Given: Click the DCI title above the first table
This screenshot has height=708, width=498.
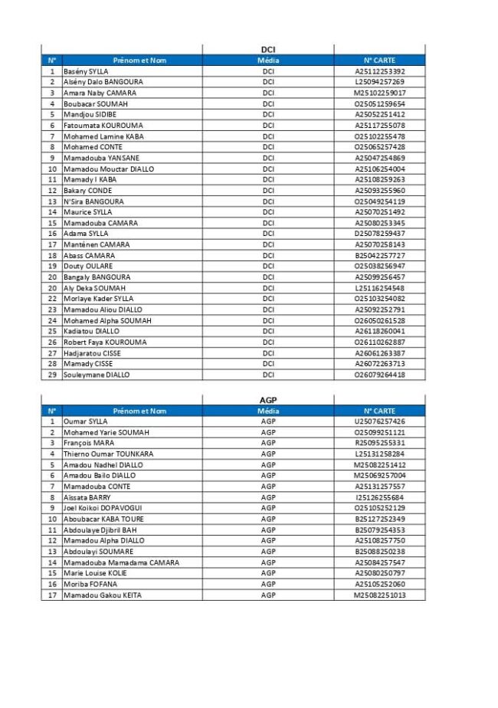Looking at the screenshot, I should (x=268, y=50).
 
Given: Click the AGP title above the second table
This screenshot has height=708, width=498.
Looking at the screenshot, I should (x=268, y=400).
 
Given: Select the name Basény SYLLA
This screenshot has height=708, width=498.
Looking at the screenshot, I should (x=86, y=71).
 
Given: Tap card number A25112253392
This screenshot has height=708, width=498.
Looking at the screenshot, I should (x=379, y=71).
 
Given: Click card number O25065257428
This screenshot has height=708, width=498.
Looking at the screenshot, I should (x=379, y=147).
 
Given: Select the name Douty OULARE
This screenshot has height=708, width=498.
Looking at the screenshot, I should (x=84, y=267).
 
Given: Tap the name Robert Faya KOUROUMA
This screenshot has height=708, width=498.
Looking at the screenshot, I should (x=104, y=343).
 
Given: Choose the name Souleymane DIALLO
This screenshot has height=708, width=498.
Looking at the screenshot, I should (x=97, y=375).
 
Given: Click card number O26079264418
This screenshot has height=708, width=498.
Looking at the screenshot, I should (x=379, y=375).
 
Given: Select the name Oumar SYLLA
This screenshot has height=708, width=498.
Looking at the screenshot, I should (x=85, y=421).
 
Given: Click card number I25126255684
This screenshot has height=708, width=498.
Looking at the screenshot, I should (x=379, y=497).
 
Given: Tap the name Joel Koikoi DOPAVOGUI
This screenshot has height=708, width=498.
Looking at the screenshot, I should (x=103, y=508).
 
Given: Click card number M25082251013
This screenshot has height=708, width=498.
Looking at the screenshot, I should (x=379, y=595).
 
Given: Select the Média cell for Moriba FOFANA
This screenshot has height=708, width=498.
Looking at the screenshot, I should (x=268, y=584).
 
